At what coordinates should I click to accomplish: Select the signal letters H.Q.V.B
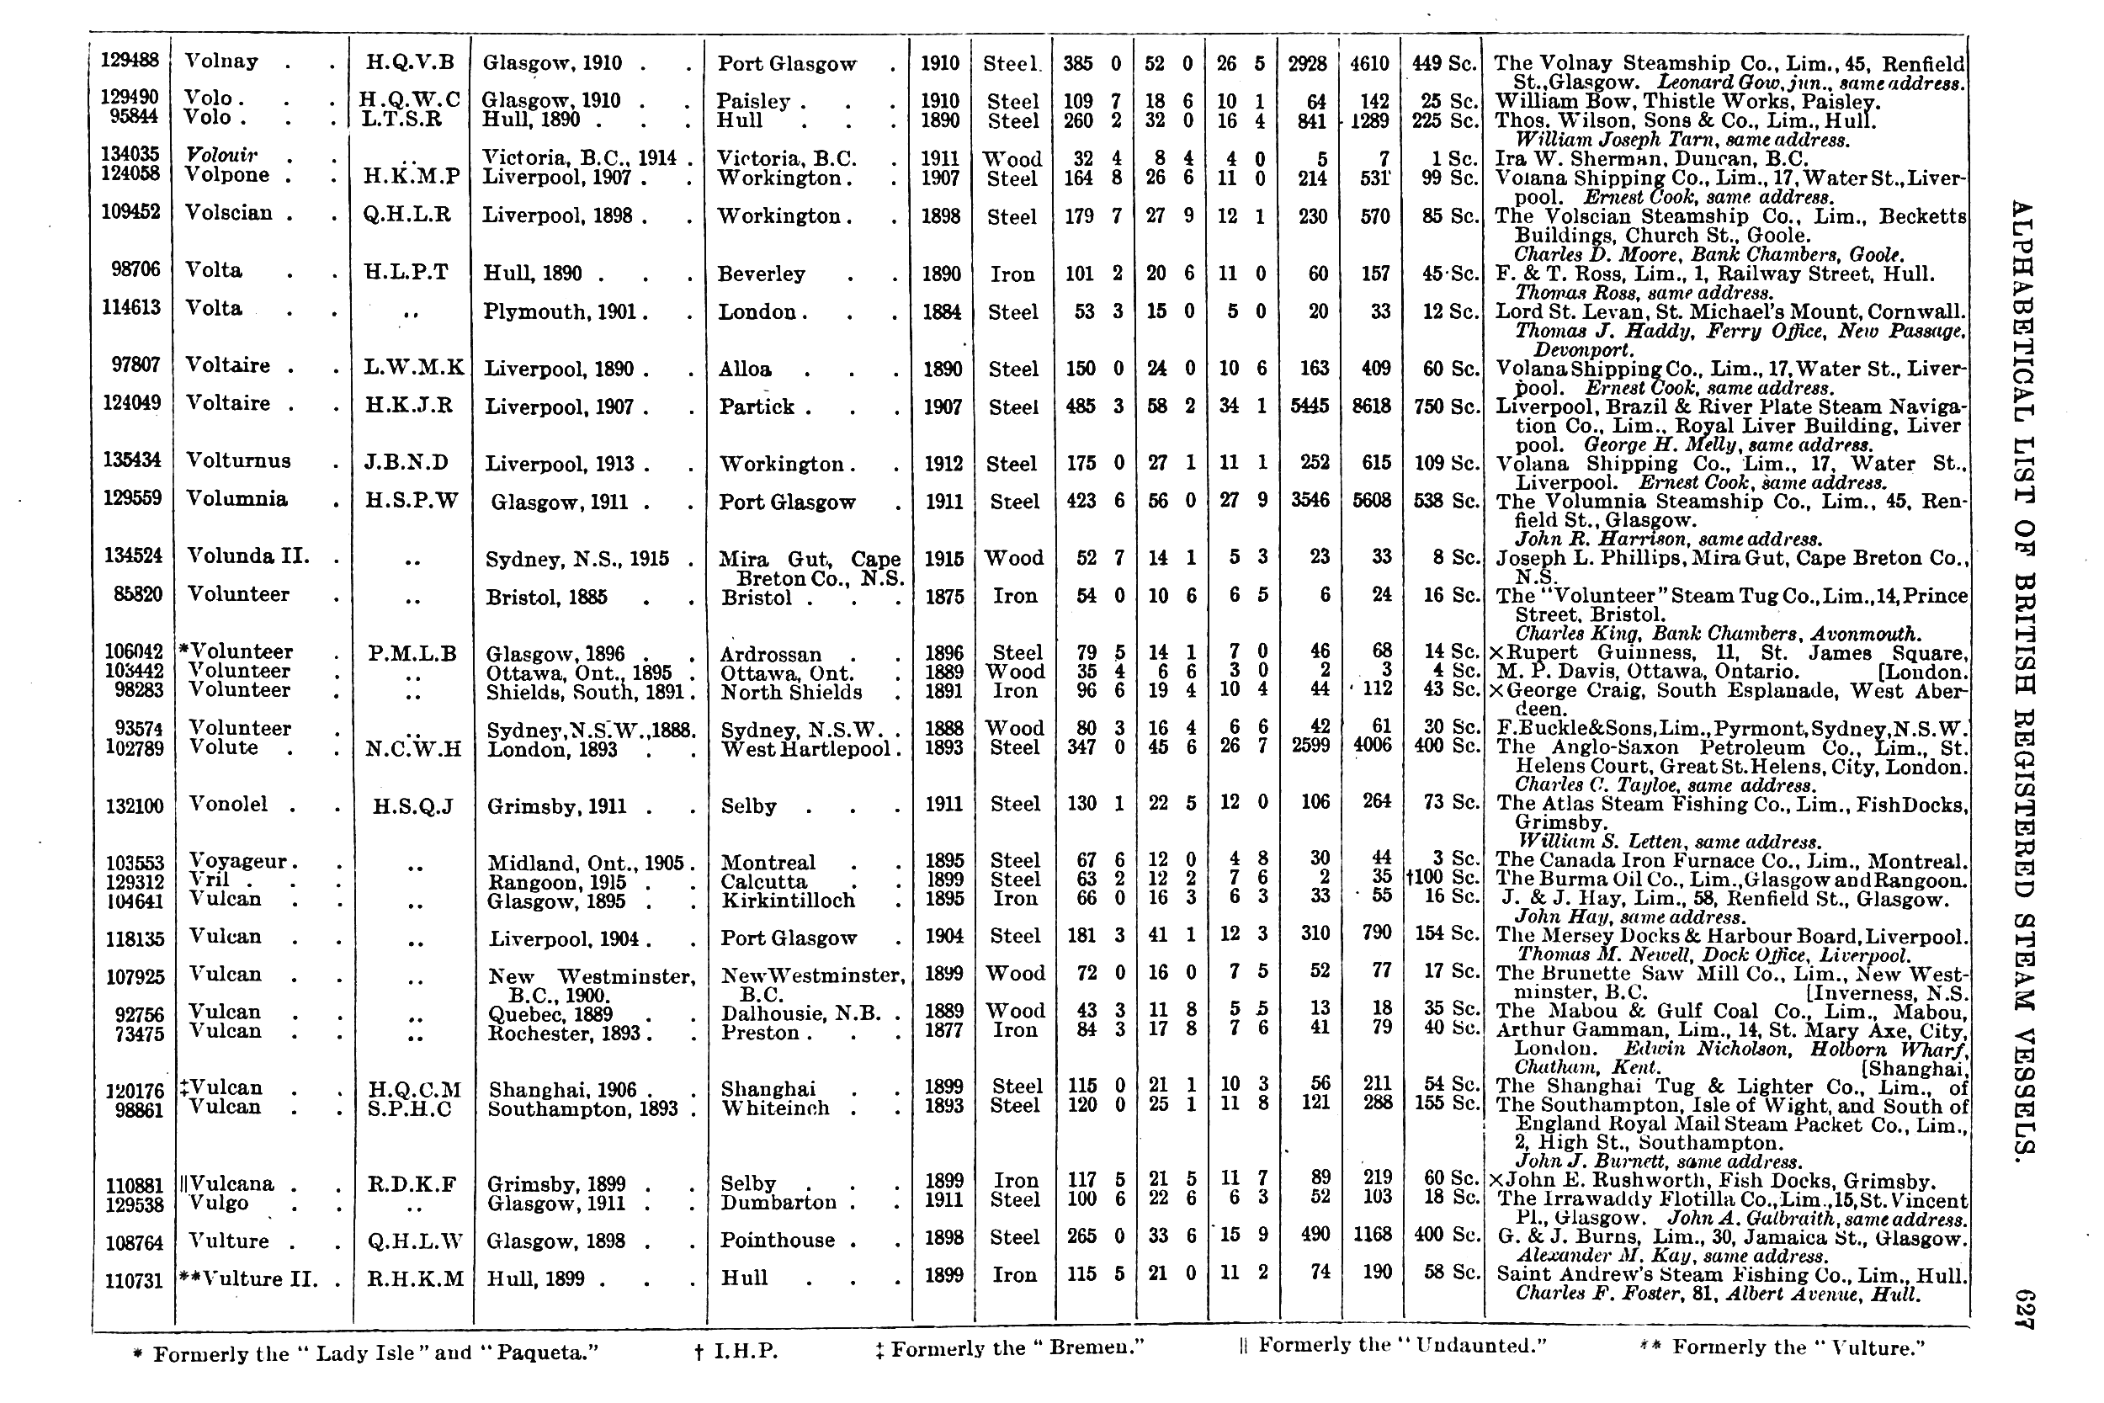411,61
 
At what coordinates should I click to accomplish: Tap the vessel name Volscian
228,213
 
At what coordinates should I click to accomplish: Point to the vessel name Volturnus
238,461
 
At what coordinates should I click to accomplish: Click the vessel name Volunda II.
247,555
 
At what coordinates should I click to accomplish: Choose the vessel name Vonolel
228,805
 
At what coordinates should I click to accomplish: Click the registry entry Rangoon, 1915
555,881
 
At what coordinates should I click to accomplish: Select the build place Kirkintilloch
788,901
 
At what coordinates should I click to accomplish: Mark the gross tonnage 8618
1371,407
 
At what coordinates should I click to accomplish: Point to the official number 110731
134,1280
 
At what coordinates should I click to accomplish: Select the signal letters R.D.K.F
412,1185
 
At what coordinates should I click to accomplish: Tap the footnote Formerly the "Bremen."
1010,1348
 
